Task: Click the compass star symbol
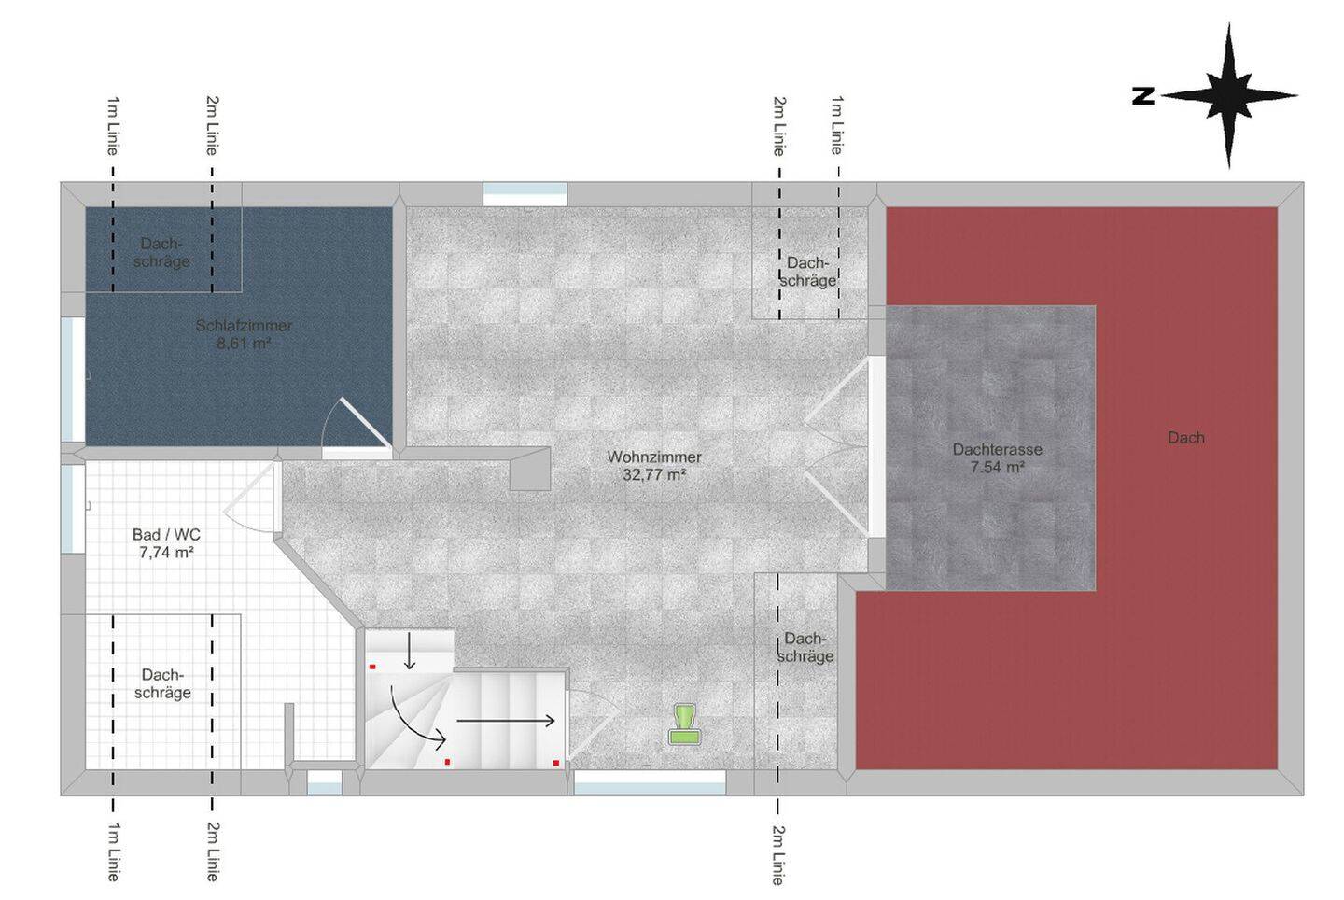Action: pos(1229,96)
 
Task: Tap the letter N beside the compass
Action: pos(1143,96)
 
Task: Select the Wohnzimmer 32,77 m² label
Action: pos(654,466)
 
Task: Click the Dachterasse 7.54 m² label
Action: pos(997,457)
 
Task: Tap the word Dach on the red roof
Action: pos(1186,438)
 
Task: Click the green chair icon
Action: pos(685,724)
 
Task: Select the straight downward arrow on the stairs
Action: pos(409,650)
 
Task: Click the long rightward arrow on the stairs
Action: pos(505,721)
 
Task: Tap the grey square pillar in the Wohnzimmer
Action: pos(530,470)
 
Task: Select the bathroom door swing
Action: pos(249,498)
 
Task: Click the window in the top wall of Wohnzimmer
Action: pos(525,195)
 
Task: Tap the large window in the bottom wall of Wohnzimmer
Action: pos(650,782)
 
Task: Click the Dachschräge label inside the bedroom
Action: pos(161,253)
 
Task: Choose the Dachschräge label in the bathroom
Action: pos(162,683)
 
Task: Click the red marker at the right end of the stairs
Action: pos(556,763)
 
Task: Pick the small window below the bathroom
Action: pos(325,783)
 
